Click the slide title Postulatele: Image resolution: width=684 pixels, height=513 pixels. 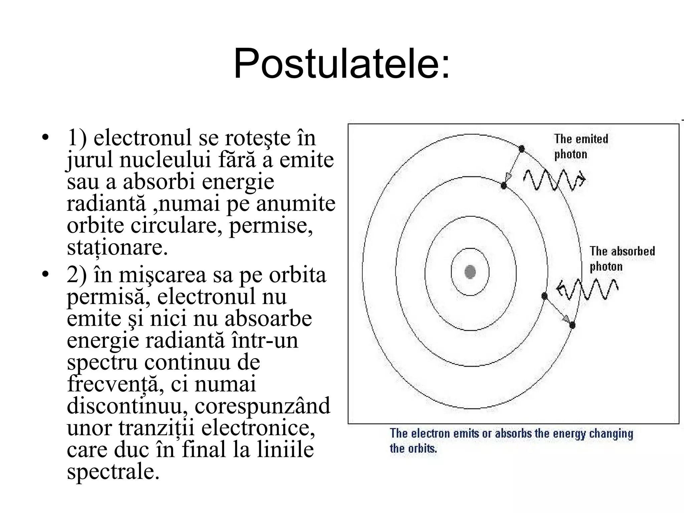point(342,63)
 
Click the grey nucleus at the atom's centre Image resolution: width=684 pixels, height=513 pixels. point(470,272)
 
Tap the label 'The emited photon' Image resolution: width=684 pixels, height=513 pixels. point(581,146)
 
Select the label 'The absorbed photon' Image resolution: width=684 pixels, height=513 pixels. point(622,259)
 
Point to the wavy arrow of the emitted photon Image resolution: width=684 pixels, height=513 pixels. point(554,180)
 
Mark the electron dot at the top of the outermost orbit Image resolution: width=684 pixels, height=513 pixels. point(522,149)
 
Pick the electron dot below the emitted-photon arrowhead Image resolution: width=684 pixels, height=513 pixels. point(504,186)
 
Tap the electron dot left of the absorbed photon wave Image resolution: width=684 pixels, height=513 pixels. point(544,296)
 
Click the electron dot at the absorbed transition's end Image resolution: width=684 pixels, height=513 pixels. point(572,325)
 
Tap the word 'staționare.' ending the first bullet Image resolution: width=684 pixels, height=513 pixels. point(117,247)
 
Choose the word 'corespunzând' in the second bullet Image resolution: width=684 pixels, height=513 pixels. point(262,406)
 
